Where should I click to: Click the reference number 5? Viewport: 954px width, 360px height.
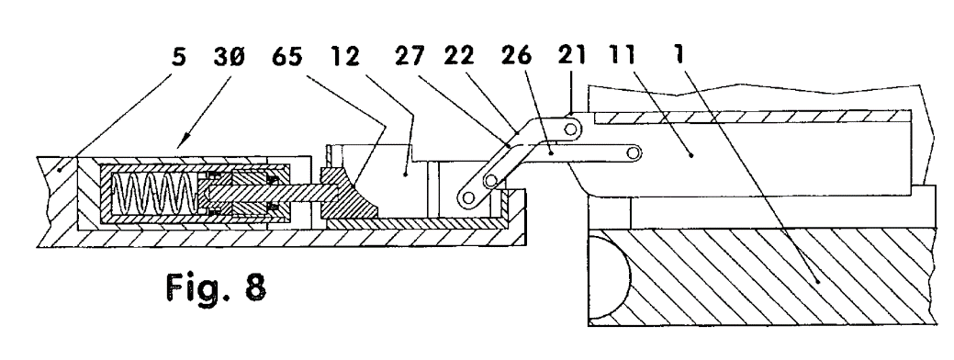[178, 57]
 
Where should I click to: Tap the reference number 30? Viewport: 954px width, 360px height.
[229, 57]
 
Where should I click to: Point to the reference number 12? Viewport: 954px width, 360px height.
[345, 57]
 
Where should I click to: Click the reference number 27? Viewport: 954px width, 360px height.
[410, 57]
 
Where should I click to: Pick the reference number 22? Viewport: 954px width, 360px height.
[459, 57]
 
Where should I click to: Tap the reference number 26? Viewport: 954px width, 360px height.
[516, 57]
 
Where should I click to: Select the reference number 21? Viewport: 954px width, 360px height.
[573, 57]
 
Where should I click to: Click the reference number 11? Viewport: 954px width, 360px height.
[621, 57]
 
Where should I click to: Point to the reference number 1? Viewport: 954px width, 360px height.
[679, 57]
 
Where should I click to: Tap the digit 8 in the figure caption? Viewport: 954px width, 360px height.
[255, 287]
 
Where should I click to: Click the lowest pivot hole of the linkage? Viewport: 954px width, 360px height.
[468, 197]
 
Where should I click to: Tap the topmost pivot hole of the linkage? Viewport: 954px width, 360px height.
[570, 129]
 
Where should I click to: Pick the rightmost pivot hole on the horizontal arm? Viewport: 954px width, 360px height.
[634, 152]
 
